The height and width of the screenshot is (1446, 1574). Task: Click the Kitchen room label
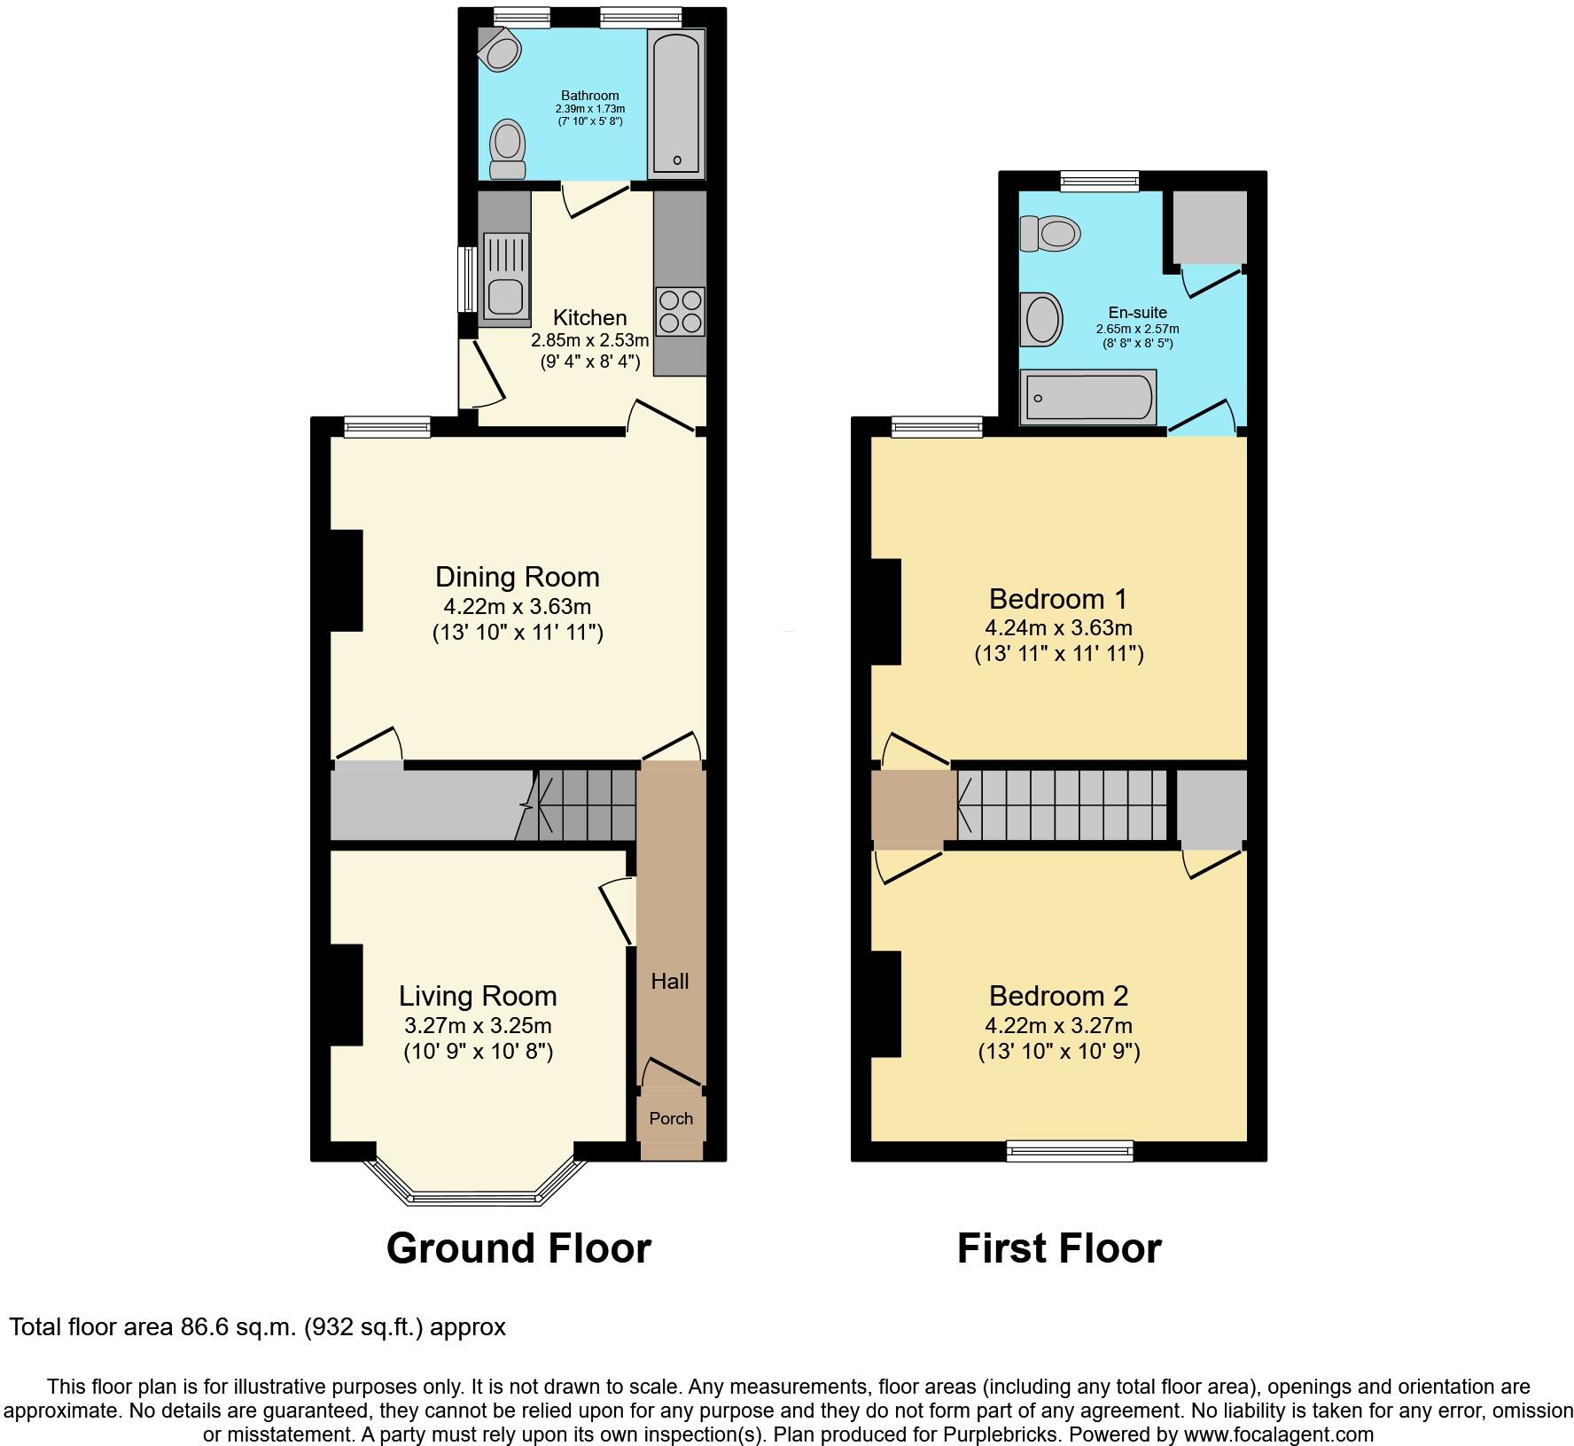(x=589, y=317)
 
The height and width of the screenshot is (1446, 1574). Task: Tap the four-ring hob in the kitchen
(x=680, y=312)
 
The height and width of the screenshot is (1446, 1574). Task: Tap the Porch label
(x=671, y=1118)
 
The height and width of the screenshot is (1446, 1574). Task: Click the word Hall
(x=670, y=981)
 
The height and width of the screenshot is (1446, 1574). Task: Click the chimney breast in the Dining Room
(x=347, y=580)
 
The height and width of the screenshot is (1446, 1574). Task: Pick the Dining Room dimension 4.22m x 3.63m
(x=517, y=607)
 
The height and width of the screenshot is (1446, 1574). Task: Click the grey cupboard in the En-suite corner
(x=1210, y=226)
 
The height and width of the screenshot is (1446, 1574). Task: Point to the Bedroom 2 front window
(x=1070, y=1151)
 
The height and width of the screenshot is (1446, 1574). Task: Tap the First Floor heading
(x=1059, y=1248)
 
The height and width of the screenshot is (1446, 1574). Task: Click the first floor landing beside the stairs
(x=914, y=805)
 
